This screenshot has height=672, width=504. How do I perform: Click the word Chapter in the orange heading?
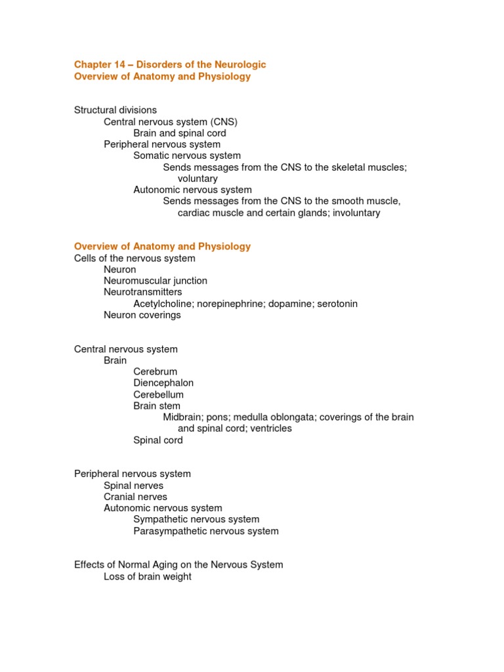(x=93, y=64)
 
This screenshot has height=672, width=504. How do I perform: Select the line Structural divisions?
(x=115, y=110)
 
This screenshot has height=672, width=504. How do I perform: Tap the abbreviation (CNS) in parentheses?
(x=224, y=121)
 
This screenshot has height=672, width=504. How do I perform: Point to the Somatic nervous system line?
(x=187, y=156)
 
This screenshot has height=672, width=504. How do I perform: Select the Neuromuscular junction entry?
(x=156, y=281)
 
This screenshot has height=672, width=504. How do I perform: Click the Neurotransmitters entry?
(x=143, y=292)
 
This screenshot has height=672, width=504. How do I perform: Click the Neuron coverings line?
(x=142, y=315)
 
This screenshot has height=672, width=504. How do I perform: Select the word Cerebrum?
(x=156, y=372)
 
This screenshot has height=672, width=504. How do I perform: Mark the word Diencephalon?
(x=163, y=383)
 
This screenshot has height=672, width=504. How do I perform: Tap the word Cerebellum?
(x=159, y=395)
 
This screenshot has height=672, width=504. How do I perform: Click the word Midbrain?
(x=183, y=417)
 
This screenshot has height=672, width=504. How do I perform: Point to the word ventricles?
(x=270, y=429)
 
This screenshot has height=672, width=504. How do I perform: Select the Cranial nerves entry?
(x=136, y=497)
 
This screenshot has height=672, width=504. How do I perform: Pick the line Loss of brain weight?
(x=148, y=577)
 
